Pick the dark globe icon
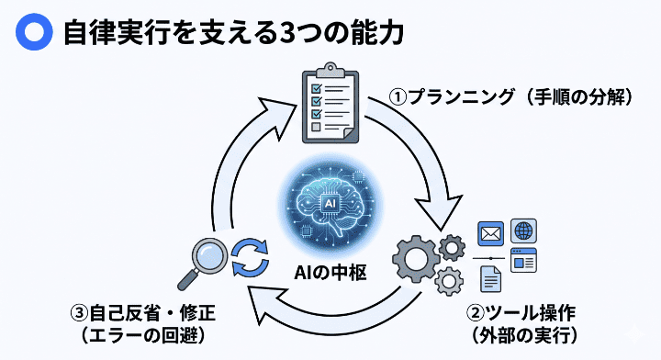coord(524,231)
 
